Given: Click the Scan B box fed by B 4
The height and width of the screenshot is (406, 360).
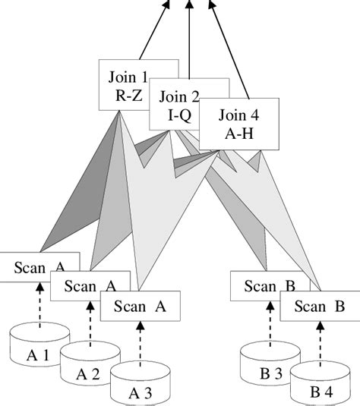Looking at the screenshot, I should [x=320, y=307].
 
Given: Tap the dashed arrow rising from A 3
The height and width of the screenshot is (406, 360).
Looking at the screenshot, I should [x=139, y=341].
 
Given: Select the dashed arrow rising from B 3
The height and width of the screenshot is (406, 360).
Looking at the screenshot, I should [x=268, y=323].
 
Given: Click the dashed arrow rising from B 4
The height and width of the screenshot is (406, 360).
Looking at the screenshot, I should [x=318, y=341].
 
